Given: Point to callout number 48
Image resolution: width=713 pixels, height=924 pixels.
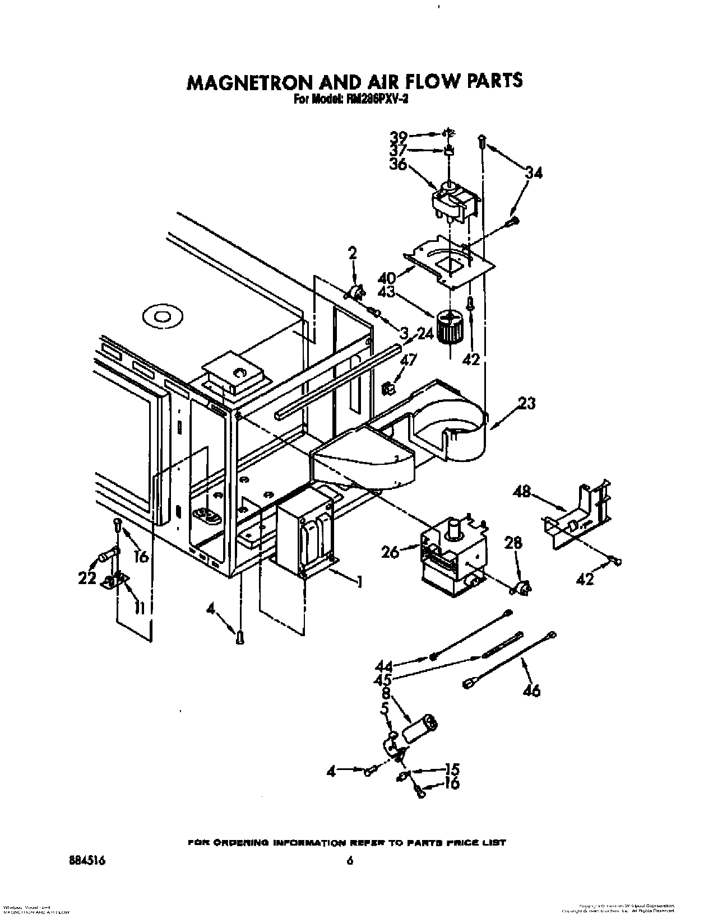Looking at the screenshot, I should pos(522,491).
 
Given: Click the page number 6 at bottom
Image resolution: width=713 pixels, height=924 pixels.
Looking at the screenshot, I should pos(349,861).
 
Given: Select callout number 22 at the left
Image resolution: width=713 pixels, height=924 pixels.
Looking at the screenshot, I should pos(87,578).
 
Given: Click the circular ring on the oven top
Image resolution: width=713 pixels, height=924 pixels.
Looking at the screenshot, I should pos(163,318).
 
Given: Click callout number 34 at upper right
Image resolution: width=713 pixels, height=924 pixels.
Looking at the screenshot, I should pos(534,174).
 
